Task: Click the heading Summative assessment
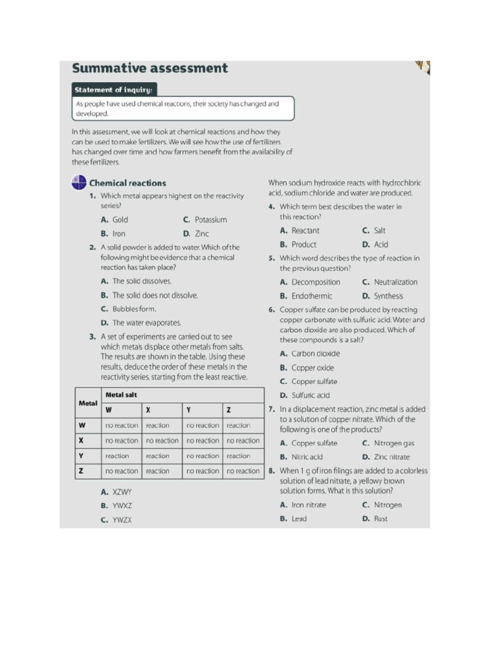click(x=149, y=69)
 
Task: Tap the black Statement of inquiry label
click(x=114, y=90)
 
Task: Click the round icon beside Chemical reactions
click(x=78, y=183)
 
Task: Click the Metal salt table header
click(x=121, y=395)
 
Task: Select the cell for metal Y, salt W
click(x=122, y=456)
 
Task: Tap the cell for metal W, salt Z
click(x=243, y=425)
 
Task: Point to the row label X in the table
click(x=82, y=440)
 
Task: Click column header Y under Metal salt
click(x=188, y=410)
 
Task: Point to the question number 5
click(x=272, y=258)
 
